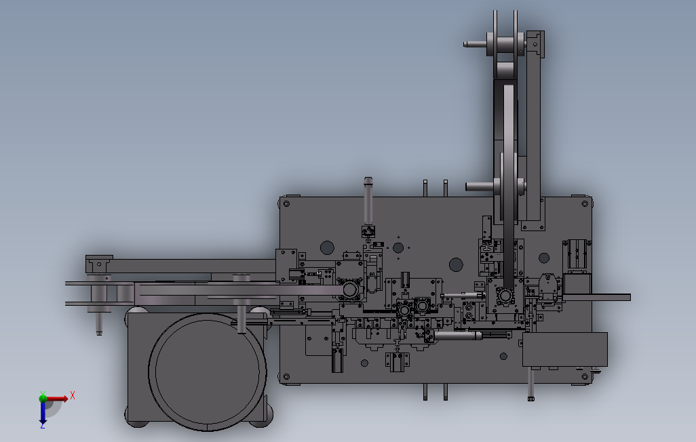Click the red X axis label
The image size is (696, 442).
pyautogui.click(x=73, y=395)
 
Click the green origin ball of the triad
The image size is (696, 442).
pyautogui.click(x=43, y=398)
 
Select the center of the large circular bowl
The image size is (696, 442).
pyautogui.click(x=208, y=372)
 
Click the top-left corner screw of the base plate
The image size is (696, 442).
pyautogui.click(x=286, y=203)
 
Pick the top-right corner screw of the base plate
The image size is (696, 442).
pyautogui.click(x=585, y=203)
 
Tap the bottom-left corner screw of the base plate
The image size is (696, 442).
pyautogui.click(x=286, y=377)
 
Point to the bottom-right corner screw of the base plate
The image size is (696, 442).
pyautogui.click(x=585, y=377)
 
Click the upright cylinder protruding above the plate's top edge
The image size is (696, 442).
pyautogui.click(x=368, y=201)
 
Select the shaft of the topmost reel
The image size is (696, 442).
pyautogui.click(x=475, y=44)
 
